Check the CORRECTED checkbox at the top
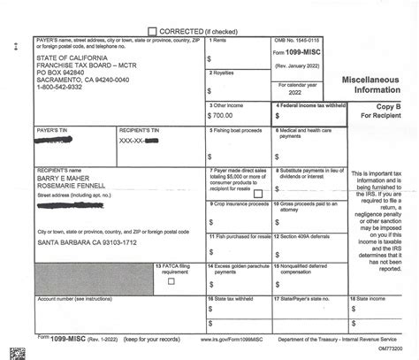[x=152, y=29]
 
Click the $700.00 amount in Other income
[x=223, y=115]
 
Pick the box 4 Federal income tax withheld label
[x=310, y=104]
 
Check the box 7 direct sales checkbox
[x=257, y=192]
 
